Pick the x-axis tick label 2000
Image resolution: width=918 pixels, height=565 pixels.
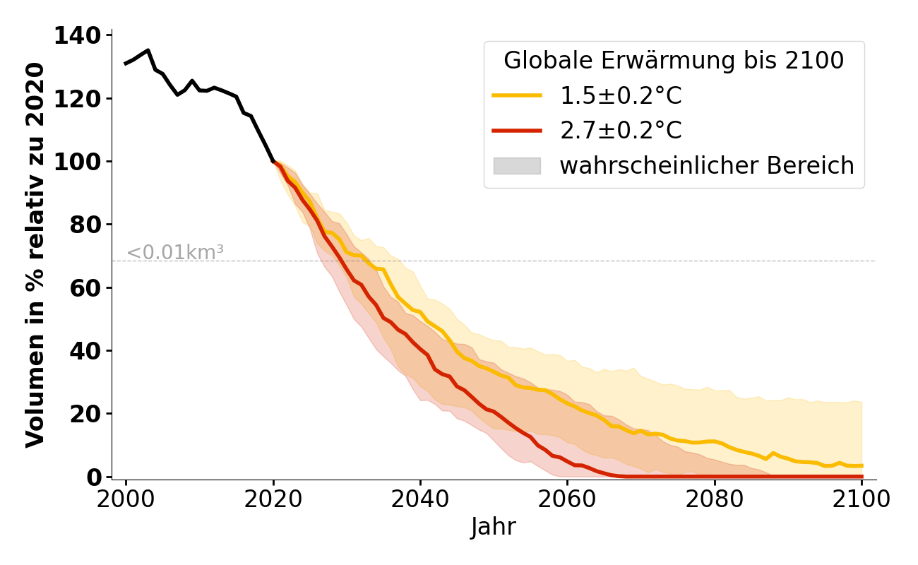pyautogui.click(x=126, y=499)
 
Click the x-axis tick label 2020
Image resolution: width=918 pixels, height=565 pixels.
pyautogui.click(x=273, y=499)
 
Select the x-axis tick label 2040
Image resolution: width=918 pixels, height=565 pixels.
pyautogui.click(x=420, y=499)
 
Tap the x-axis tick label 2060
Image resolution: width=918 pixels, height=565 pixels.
pyautogui.click(x=567, y=499)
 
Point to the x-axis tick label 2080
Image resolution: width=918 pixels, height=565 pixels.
pyautogui.click(x=715, y=499)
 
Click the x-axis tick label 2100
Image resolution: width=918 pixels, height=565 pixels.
pyautogui.click(x=862, y=499)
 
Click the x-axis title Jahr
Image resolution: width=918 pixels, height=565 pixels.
pyautogui.click(x=494, y=527)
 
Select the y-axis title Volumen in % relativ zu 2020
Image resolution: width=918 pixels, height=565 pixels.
pyautogui.click(x=35, y=255)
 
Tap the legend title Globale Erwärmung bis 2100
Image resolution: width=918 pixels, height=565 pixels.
pyautogui.click(x=674, y=61)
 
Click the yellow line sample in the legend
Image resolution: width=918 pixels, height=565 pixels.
pyautogui.click(x=517, y=95)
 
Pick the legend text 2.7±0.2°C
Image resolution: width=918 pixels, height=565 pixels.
pyautogui.click(x=621, y=131)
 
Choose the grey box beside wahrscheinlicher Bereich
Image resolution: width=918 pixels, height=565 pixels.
pyautogui.click(x=517, y=166)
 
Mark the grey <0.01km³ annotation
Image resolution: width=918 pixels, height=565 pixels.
pyautogui.click(x=175, y=252)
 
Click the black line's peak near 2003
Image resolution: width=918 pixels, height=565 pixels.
pyautogui.click(x=148, y=50)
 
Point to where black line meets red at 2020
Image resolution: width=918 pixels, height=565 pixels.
pyautogui.click(x=273, y=162)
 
